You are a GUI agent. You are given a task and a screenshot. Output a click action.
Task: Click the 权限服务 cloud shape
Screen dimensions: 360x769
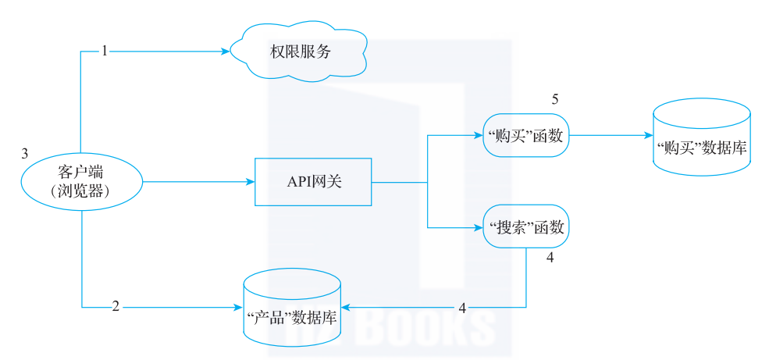(300, 52)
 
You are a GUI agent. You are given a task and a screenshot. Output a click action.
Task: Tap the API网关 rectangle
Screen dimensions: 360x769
(313, 182)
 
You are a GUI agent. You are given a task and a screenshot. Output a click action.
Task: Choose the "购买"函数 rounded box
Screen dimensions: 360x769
(526, 135)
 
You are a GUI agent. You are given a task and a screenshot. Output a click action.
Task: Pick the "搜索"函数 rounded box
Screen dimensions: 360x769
(526, 228)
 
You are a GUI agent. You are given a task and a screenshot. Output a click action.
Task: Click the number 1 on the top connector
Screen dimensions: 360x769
(104, 52)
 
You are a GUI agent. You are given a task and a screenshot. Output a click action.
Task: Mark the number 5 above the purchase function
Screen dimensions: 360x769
(555, 100)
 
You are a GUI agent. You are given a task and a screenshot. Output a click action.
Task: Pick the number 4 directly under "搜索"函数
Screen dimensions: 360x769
(550, 258)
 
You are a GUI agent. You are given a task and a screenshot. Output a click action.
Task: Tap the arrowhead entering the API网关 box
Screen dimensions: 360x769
(251, 182)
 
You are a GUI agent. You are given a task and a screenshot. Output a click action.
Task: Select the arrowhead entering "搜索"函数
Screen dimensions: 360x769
(479, 228)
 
